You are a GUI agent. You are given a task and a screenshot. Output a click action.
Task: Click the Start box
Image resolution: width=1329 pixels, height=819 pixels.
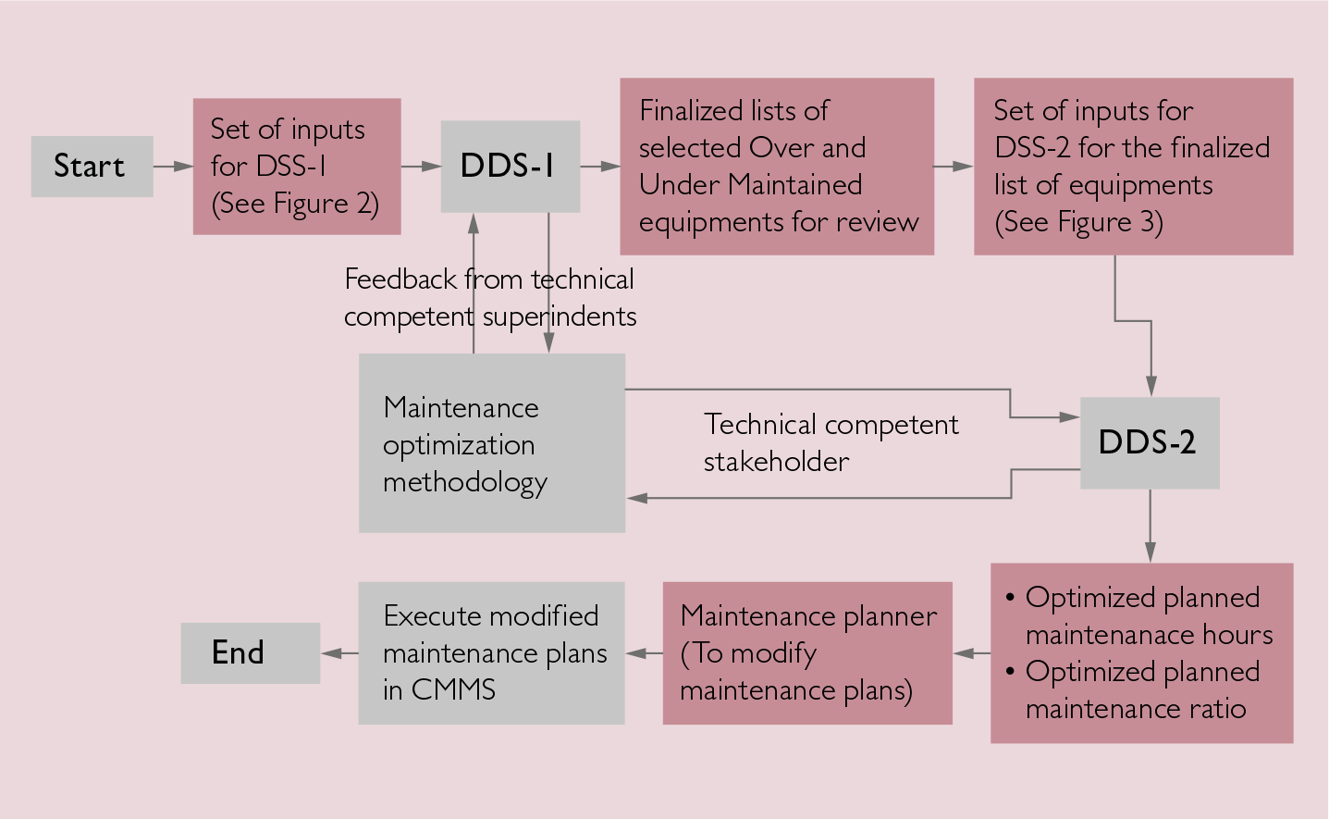pos(92,167)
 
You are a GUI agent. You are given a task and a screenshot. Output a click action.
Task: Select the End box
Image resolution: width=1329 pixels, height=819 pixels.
pos(250,653)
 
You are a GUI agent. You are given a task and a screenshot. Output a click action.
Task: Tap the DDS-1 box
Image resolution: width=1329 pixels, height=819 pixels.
pos(510,167)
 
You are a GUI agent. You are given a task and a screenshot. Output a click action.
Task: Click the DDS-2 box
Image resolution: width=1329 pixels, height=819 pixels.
pos(1149,442)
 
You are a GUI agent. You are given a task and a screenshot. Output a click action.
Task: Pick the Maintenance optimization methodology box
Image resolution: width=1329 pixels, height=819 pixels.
pos(491,442)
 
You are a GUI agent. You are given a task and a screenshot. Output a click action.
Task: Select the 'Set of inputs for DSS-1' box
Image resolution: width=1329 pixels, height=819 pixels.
pos(296,167)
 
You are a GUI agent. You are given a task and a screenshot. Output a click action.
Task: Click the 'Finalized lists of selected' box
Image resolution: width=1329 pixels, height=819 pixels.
pos(776,167)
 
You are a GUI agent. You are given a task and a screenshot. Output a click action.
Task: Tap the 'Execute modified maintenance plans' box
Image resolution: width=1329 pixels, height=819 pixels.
pos(491,653)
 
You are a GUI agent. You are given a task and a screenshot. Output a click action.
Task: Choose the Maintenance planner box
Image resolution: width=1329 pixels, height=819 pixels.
pos(806,653)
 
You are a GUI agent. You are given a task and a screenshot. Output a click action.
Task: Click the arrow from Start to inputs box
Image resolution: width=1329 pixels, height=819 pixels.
pos(173,167)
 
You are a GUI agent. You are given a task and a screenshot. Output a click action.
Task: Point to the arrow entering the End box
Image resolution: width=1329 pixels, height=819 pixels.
pos(338,653)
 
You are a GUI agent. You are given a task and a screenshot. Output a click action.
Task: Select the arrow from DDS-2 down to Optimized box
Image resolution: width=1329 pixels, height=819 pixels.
pos(1150,526)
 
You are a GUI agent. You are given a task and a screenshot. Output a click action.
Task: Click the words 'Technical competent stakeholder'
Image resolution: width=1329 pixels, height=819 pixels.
pos(831,442)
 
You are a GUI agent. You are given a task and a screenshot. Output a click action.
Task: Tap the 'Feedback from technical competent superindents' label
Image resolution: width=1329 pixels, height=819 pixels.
pos(490,297)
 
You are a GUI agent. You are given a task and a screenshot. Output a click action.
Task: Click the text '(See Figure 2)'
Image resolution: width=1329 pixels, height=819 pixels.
pos(295,204)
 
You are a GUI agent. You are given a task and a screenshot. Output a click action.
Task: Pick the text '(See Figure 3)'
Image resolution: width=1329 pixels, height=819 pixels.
pos(1078,222)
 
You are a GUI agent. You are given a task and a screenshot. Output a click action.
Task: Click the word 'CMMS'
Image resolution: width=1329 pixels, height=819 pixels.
pos(453,690)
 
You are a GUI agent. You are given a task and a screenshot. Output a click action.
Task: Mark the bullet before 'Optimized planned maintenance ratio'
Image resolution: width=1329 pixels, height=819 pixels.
pos(1010,672)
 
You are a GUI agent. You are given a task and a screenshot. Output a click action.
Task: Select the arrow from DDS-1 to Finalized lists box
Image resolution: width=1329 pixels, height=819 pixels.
pos(600,167)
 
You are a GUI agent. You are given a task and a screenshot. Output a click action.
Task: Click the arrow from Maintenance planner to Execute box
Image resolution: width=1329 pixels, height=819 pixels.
pos(644,653)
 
